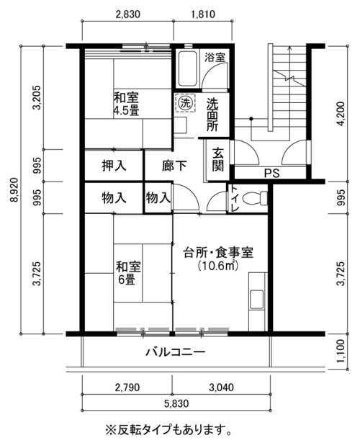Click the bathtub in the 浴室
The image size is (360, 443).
[x=186, y=68]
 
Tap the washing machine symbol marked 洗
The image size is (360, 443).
[x=185, y=102]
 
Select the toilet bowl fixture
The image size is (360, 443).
[x=254, y=198]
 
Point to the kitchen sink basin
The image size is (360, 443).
[x=256, y=300]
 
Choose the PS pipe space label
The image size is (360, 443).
[x=272, y=173]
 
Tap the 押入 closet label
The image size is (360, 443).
[x=114, y=166]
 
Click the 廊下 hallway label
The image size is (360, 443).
[x=174, y=166]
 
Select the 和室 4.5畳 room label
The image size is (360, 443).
[x=126, y=104]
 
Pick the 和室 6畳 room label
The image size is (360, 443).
[x=128, y=273]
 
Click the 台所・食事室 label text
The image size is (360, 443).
[x=218, y=252]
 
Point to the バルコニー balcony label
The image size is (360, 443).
[x=176, y=352]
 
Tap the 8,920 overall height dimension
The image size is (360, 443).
[x=14, y=189]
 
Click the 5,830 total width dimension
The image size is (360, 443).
[x=176, y=403]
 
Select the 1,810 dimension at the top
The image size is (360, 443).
[x=203, y=14]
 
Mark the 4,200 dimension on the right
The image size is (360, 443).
[x=341, y=114]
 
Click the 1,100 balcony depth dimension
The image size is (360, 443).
[x=341, y=352]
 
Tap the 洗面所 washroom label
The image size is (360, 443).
[x=212, y=115]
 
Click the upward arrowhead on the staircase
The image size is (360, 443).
[x=289, y=48]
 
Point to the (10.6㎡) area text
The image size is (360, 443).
[x=218, y=266]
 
